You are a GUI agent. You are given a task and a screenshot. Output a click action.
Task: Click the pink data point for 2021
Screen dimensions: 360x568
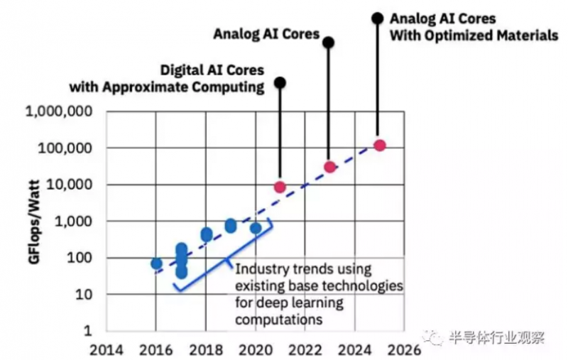click(280, 187)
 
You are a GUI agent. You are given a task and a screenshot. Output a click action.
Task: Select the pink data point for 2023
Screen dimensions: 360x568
click(329, 167)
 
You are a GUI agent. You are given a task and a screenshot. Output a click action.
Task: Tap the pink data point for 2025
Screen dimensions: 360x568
click(379, 145)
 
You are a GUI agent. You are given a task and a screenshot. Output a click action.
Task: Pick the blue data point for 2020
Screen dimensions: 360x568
click(256, 228)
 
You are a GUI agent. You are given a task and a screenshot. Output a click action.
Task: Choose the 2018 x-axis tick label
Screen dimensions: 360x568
click(205, 349)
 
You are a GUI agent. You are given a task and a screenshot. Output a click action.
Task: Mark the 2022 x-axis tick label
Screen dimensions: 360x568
click(305, 349)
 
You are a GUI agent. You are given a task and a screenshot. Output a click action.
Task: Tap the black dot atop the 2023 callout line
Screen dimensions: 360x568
click(328, 43)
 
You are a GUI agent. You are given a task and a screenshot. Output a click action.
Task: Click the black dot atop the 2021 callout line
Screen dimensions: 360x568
click(280, 83)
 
